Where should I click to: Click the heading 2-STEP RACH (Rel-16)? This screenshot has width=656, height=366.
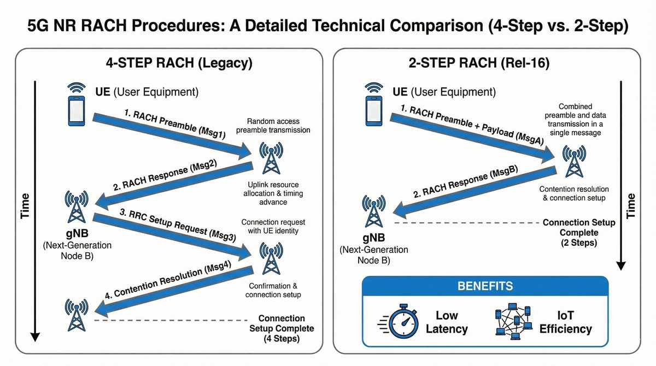tap(486, 63)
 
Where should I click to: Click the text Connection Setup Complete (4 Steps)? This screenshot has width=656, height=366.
tap(282, 328)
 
